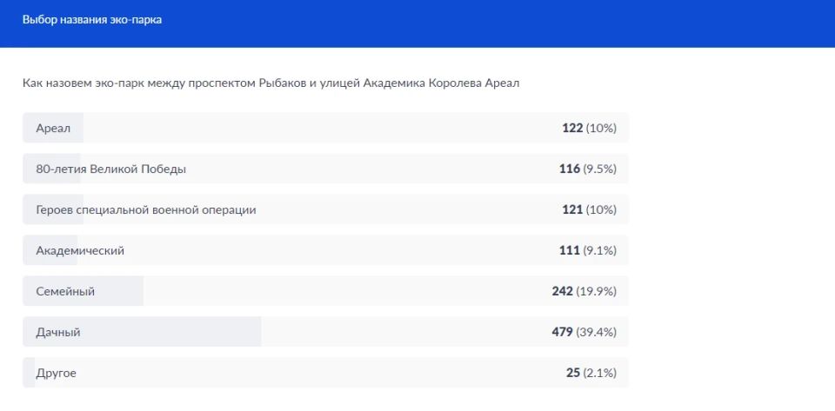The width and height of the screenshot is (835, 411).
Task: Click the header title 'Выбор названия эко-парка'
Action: [92, 20]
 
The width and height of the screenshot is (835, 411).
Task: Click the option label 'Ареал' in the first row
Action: [53, 129]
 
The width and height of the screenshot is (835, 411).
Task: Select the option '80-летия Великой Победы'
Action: [110, 169]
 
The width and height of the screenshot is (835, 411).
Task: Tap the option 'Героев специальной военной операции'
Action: [146, 210]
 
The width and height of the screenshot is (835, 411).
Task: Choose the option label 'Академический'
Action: [80, 251]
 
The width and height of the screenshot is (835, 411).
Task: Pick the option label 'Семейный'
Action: [65, 292]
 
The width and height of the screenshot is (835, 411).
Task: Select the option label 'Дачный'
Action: [58, 333]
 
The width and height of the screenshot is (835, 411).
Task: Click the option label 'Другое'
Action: [57, 374]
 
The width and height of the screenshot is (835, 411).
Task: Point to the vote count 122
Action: [572, 129]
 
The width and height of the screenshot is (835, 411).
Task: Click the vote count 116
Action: [570, 169]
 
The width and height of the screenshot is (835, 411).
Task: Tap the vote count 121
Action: [572, 210]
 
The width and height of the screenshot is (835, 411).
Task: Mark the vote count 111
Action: [570, 251]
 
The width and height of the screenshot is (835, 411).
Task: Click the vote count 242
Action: [562, 292]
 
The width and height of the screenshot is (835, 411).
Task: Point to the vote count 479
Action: [562, 333]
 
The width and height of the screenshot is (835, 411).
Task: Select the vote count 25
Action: [573, 374]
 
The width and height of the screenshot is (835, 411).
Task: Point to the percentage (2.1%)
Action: [600, 374]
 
